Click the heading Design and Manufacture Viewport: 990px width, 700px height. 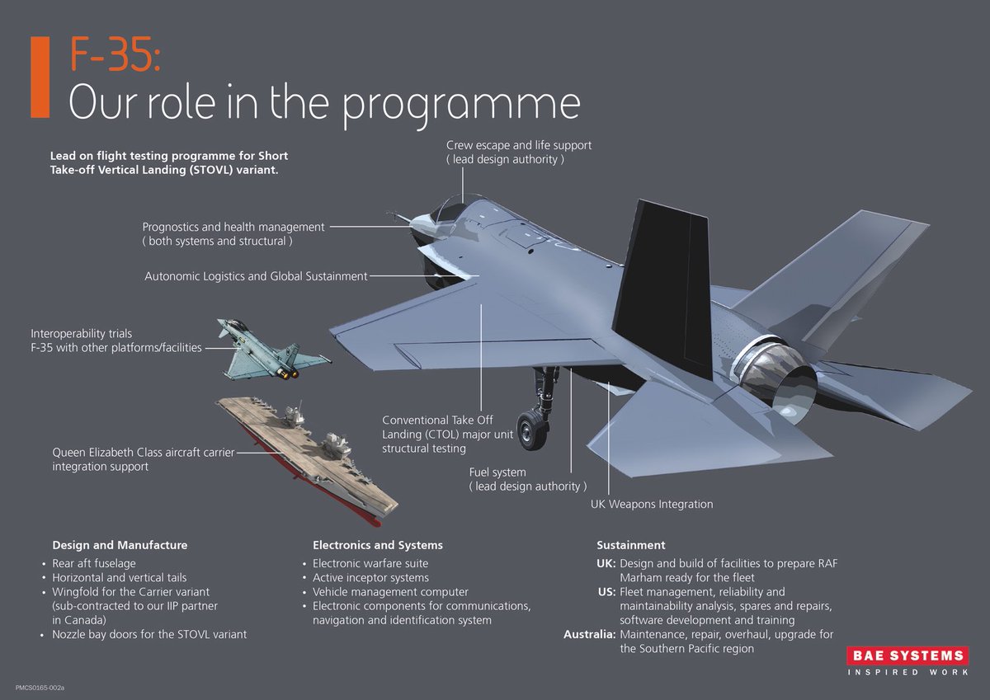click(x=120, y=545)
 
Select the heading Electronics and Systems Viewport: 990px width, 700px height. click(x=378, y=545)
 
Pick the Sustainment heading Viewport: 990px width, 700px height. click(x=630, y=545)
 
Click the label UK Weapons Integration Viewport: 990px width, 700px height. click(x=652, y=504)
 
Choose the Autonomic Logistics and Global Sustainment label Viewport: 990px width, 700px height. click(x=256, y=276)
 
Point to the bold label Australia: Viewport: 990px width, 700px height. click(x=589, y=634)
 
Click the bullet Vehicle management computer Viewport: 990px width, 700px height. click(x=390, y=592)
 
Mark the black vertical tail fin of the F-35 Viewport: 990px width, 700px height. click(x=668, y=280)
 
